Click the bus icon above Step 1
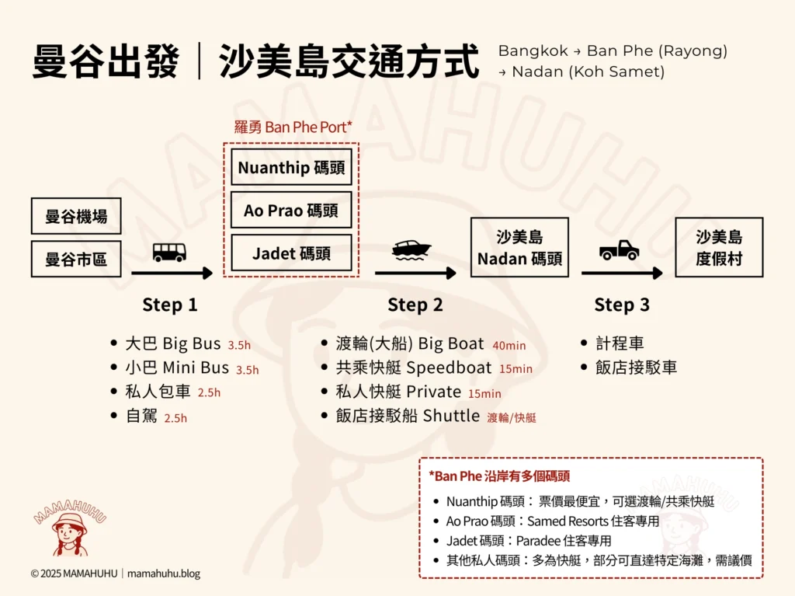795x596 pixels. [169, 252]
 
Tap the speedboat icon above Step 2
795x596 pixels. [411, 249]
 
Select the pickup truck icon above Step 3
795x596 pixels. [619, 249]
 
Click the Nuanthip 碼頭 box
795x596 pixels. [291, 168]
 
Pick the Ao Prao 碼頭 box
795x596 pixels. [291, 211]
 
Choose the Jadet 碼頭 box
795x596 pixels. [291, 253]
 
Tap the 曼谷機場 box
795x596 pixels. [76, 216]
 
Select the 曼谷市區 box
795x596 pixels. [76, 259]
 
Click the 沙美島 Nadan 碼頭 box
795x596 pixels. [519, 247]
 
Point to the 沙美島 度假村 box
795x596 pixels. [719, 247]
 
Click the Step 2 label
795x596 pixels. [415, 305]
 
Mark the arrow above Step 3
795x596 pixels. [621, 273]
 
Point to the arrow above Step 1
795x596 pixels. [172, 273]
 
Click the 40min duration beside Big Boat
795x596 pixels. [509, 345]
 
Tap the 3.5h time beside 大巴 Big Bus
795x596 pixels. [239, 345]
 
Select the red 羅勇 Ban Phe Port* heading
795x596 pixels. [293, 127]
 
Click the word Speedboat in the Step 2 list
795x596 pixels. [449, 368]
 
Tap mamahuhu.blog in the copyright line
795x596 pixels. [164, 574]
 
